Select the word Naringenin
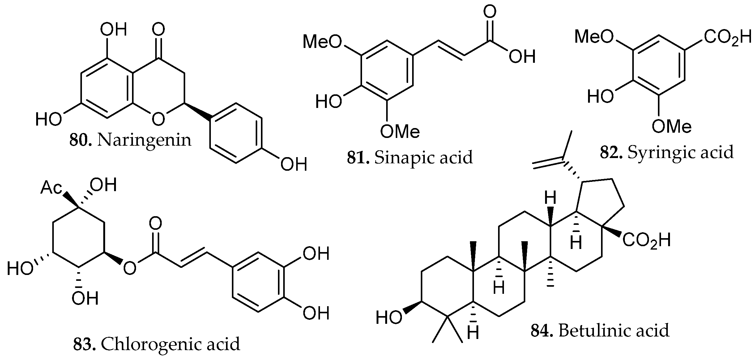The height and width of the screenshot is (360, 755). click(144, 140)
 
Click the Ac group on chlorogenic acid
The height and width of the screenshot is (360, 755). click(51, 188)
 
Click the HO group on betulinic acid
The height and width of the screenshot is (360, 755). click(389, 317)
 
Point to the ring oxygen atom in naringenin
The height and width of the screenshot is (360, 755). click(158, 119)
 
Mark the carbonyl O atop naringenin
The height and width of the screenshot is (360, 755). click(159, 30)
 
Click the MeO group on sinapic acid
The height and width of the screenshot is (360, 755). click(322, 42)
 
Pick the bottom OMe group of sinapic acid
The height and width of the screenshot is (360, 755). click(399, 131)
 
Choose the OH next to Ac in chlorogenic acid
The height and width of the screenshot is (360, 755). click(103, 185)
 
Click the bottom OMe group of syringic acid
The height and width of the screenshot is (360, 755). click(671, 126)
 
